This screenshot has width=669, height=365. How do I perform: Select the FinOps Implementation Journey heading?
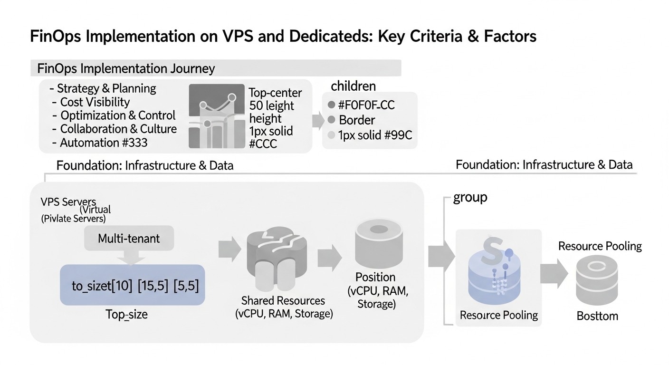pyautogui.click(x=126, y=68)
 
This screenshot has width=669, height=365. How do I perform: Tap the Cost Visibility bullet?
pyautogui.click(x=95, y=102)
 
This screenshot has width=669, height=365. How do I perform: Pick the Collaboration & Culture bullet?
pyautogui.click(x=118, y=129)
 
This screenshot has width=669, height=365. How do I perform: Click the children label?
pyautogui.click(x=353, y=86)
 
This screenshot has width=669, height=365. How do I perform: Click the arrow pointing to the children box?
pyautogui.click(x=317, y=120)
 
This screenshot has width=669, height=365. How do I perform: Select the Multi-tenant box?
pyautogui.click(x=129, y=238)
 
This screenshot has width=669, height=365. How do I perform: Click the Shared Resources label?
pyautogui.click(x=283, y=300)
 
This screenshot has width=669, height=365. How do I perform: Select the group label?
pyautogui.click(x=470, y=197)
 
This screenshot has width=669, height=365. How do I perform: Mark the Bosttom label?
pyautogui.click(x=597, y=316)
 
